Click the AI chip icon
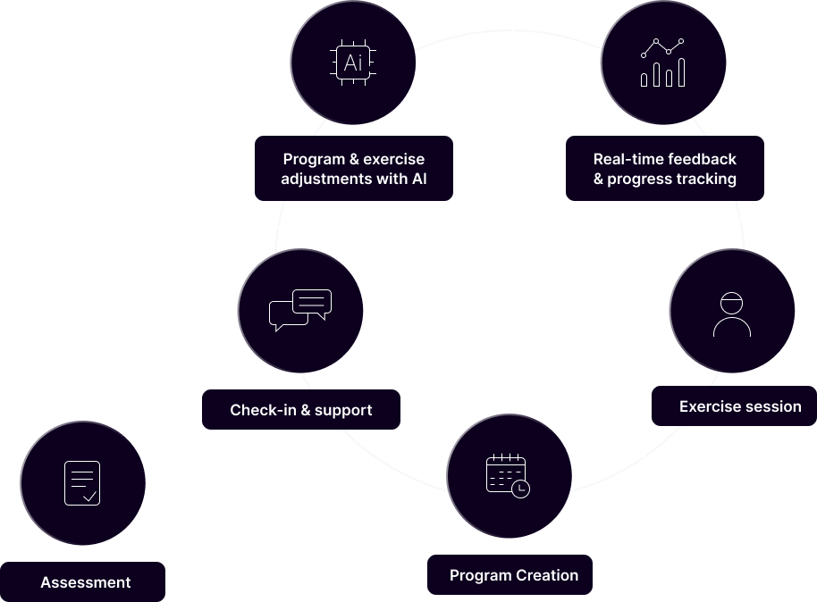coord(353,63)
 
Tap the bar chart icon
coord(662,63)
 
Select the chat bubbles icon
coord(300,310)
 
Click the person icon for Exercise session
coord(731,314)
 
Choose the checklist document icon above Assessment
coord(82,483)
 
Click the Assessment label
coord(85,582)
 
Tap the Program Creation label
coord(513,575)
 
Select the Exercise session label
coord(740,406)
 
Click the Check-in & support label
coord(301,410)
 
